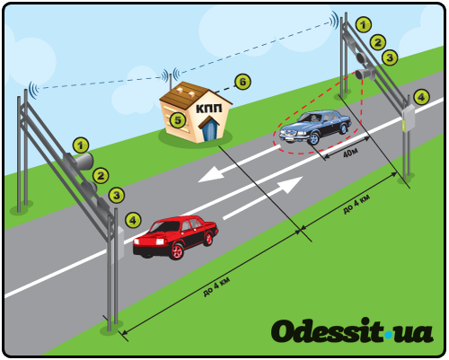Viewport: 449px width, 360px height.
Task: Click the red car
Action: coord(176,237)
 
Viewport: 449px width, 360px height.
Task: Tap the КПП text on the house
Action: coord(209,109)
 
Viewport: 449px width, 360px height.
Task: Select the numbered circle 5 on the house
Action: coord(178,120)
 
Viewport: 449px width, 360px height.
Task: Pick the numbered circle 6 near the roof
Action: coord(242,82)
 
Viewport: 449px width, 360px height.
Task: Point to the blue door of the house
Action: coord(210,129)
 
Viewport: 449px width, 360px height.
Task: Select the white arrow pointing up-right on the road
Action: coord(263,198)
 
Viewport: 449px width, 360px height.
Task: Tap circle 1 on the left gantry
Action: coord(81,145)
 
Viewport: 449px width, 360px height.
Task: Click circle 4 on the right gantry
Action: coord(421,97)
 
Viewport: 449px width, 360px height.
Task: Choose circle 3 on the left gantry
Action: coord(117,196)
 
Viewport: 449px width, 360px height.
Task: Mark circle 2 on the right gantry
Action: coord(378,42)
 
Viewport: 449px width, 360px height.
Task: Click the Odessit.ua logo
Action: coord(352,331)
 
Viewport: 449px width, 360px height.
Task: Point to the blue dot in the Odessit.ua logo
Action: coord(388,335)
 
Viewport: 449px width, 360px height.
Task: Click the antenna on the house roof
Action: coord(171,82)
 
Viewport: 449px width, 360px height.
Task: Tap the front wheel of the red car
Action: coord(176,251)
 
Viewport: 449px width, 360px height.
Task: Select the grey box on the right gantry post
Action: coord(409,119)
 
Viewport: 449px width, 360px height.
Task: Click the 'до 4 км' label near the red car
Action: coord(216,287)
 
